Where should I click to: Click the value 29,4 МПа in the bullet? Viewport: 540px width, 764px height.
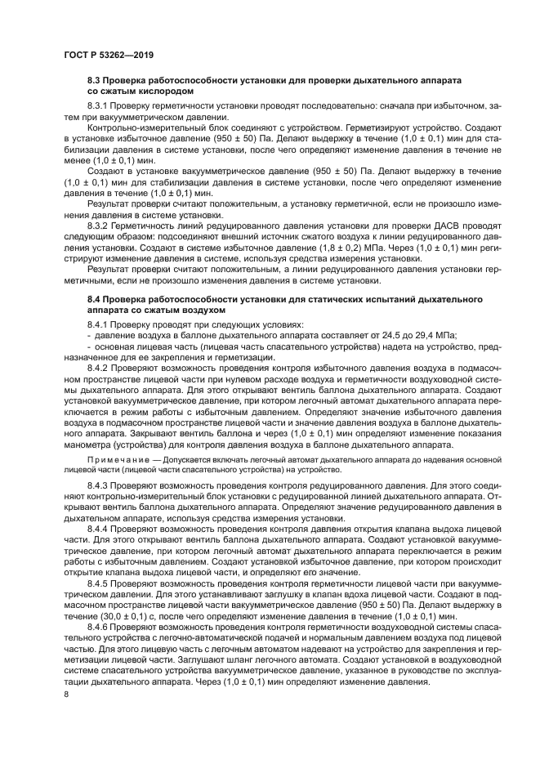click(432, 335)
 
